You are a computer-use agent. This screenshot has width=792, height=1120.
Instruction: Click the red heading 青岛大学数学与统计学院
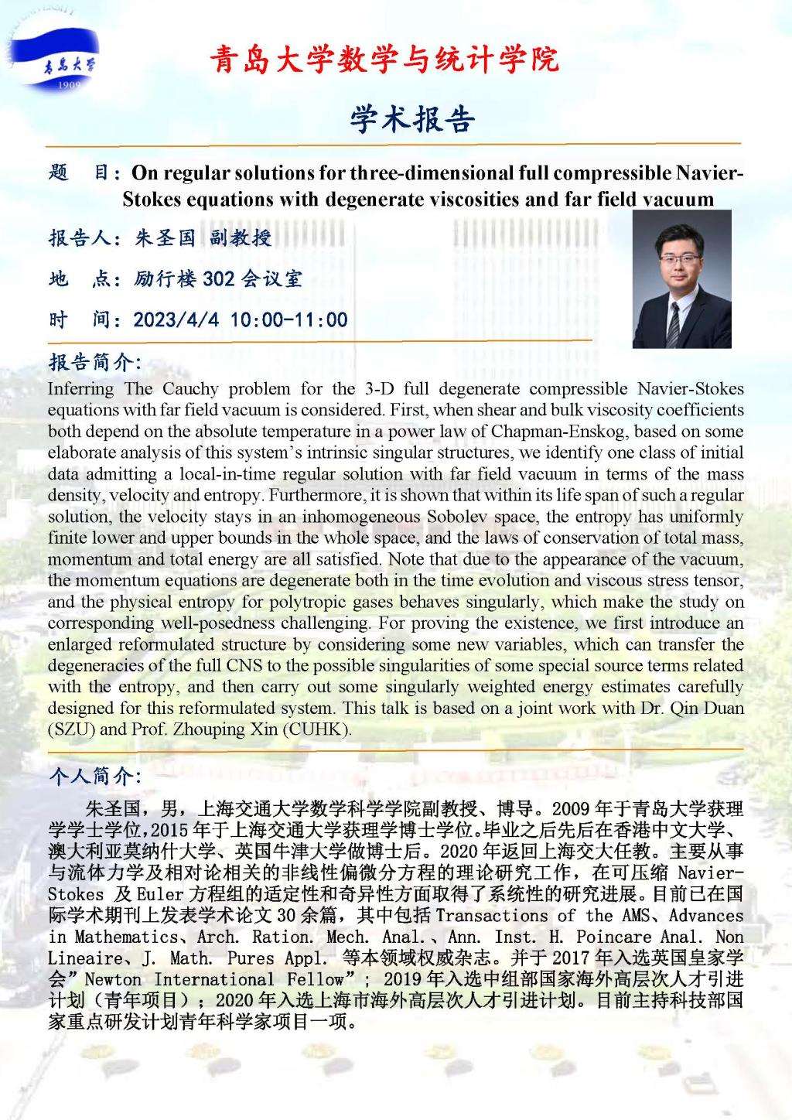384,59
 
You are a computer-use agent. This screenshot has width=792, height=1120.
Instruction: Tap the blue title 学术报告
411,119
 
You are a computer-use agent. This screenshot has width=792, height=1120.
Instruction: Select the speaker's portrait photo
681,278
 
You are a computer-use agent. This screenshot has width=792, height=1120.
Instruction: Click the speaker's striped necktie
674,325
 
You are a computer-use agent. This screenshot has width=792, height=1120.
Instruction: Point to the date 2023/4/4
176,319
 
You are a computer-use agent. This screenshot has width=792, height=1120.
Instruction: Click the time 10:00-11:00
289,319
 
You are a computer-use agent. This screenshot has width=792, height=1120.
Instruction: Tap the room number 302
219,278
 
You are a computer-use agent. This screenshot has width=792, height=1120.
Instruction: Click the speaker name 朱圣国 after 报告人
165,237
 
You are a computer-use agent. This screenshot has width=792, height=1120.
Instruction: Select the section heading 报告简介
94,361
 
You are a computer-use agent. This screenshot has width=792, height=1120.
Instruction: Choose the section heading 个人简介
94,776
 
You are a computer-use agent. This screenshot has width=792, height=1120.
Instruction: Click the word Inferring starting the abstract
80,388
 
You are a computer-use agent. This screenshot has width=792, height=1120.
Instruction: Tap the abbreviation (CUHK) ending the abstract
322,729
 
